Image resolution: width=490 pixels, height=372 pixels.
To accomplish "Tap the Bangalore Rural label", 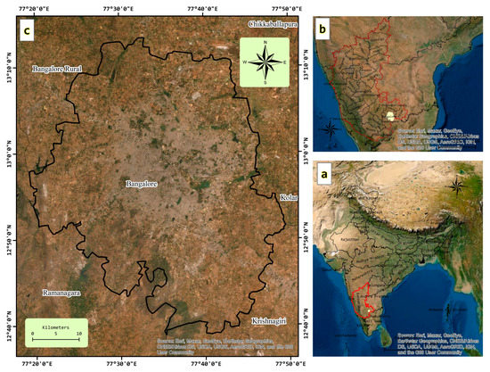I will tap(55, 69).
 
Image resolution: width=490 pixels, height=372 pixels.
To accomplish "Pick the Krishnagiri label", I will tap(270, 319).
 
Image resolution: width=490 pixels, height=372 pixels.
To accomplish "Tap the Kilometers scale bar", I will tap(55, 331).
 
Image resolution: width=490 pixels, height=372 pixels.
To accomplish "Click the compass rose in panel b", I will tap(331, 129).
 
